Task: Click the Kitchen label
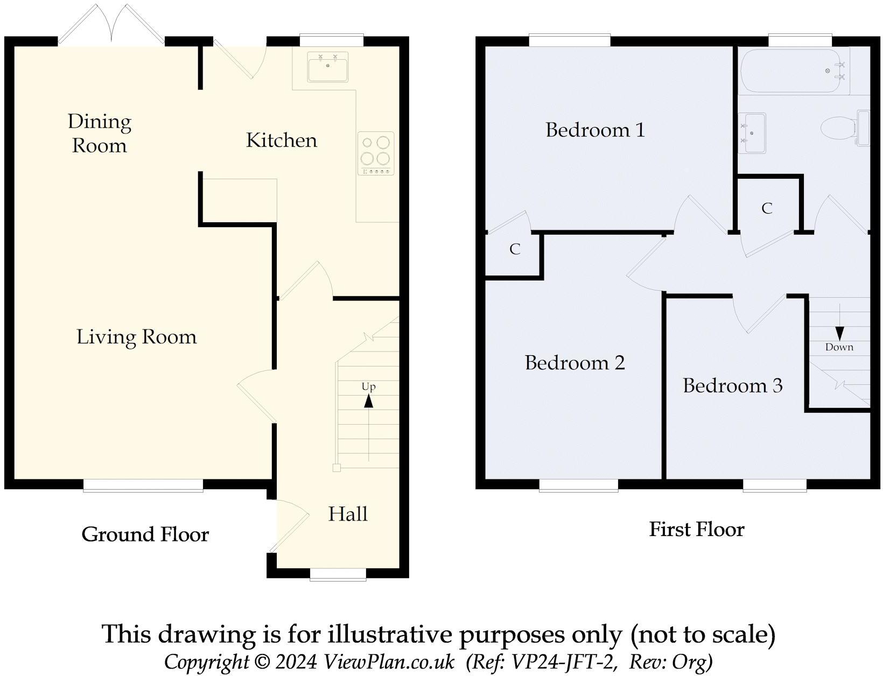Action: click(x=281, y=140)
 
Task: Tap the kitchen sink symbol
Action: click(x=327, y=67)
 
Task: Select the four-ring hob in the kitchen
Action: click(x=375, y=153)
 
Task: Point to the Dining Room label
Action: click(x=100, y=133)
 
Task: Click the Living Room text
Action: click(x=137, y=337)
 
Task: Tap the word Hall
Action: click(x=348, y=514)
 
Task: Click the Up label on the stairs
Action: click(x=368, y=386)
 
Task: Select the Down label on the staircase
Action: click(x=839, y=347)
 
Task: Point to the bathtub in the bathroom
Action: click(x=793, y=71)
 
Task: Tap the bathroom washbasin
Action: click(x=752, y=132)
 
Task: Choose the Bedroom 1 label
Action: click(x=595, y=130)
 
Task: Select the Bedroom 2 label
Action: click(x=574, y=363)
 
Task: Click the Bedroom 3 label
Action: click(x=732, y=385)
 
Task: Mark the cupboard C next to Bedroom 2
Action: click(x=515, y=249)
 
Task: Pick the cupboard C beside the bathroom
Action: click(x=767, y=208)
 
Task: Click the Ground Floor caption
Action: click(x=145, y=534)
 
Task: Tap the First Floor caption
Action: click(x=696, y=530)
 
